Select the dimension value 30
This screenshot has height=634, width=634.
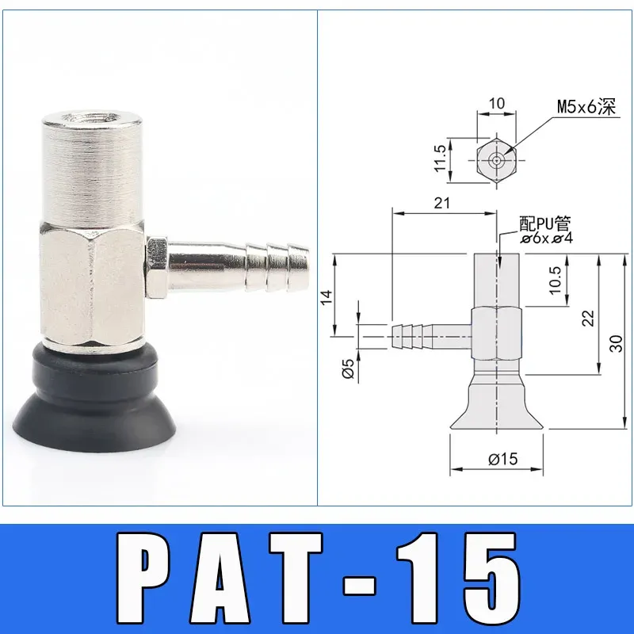point(617,342)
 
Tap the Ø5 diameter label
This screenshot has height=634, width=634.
point(346,369)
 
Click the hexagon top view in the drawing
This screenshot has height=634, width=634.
point(496,159)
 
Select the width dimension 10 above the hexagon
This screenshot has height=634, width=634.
point(495,103)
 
